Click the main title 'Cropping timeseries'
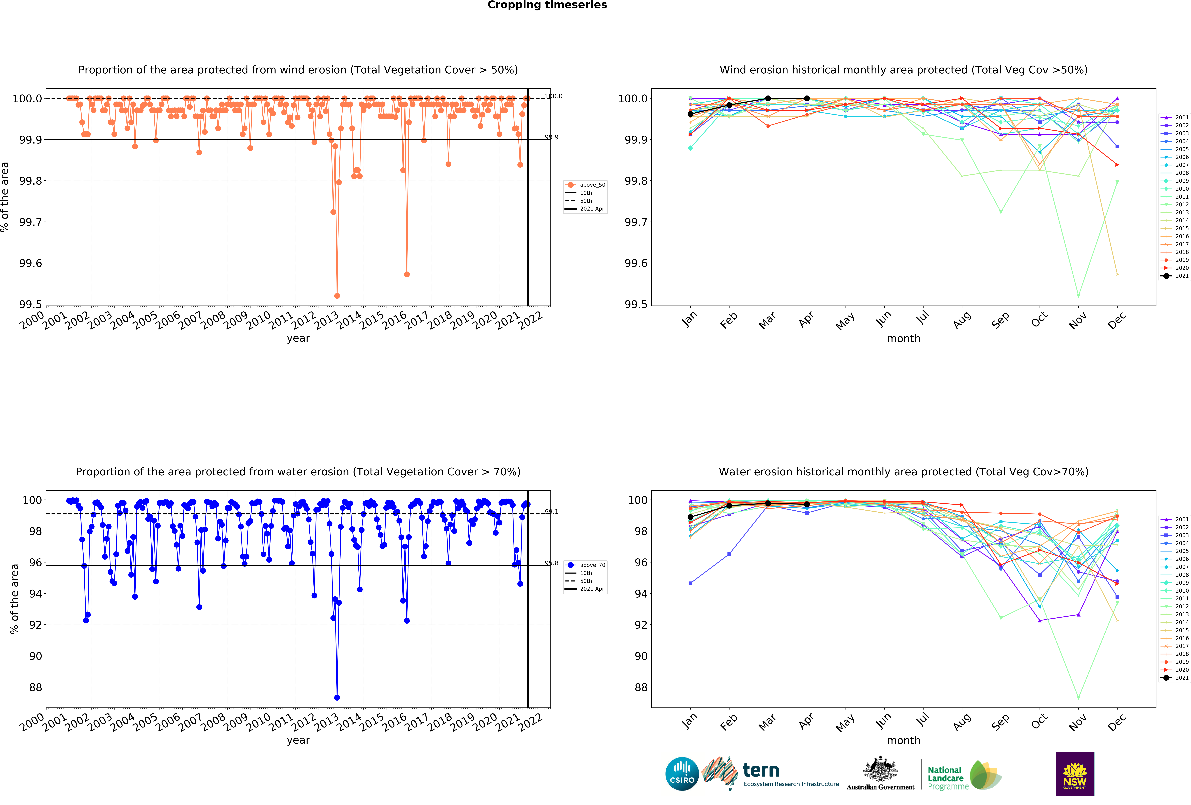coord(547,5)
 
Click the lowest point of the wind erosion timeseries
coord(337,296)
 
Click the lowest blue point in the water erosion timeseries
coord(337,697)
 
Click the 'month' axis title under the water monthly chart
coord(903,740)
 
